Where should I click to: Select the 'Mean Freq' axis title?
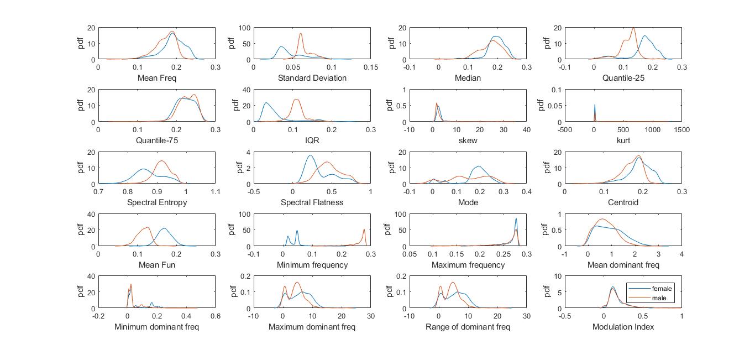[156, 78]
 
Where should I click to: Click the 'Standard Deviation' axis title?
[312, 78]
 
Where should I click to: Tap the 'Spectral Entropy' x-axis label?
[156, 202]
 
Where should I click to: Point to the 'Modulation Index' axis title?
[623, 327]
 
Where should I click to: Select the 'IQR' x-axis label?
[312, 140]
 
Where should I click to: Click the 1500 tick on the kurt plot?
[681, 129]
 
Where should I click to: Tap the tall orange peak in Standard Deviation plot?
[301, 34]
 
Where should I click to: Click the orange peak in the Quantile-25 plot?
[633, 29]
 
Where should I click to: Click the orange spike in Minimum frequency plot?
[364, 229]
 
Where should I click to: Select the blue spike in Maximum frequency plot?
[516, 219]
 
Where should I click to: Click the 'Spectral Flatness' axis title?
[312, 202]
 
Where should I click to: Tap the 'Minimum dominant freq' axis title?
[156, 327]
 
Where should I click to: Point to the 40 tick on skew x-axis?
[526, 129]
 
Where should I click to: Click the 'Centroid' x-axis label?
[623, 202]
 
